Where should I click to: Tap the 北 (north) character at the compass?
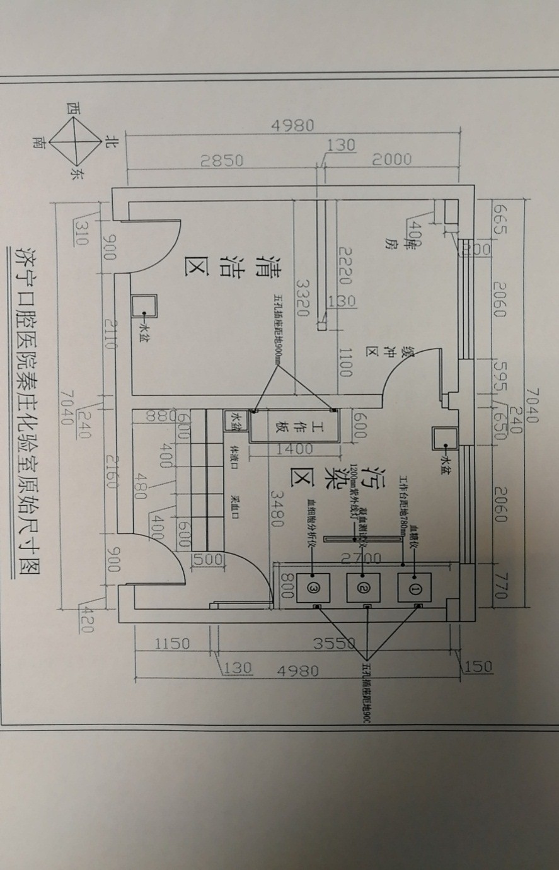click(111, 141)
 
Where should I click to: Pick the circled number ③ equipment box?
click(313, 586)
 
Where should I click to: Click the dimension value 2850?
click(221, 160)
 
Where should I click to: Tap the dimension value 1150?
click(172, 644)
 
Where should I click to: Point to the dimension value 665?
click(500, 218)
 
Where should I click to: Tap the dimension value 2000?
click(391, 160)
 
